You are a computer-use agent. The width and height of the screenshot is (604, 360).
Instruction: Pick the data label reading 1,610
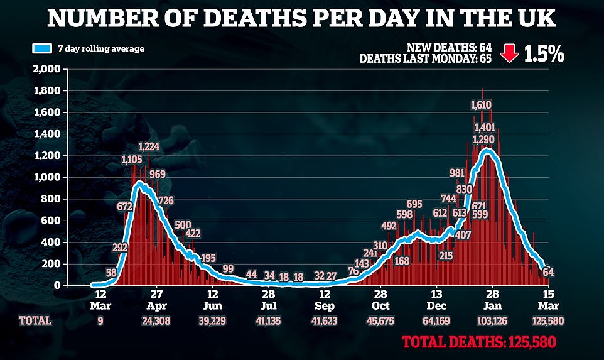(481, 104)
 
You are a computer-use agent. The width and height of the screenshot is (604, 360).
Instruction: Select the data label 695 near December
(414, 204)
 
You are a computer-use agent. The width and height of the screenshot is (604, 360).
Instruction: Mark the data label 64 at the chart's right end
(548, 272)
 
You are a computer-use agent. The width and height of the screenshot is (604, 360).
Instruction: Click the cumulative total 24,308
(157, 321)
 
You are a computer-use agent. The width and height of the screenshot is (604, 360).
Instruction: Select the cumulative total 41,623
(325, 321)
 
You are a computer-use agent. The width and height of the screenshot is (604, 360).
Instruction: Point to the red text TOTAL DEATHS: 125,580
(479, 344)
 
